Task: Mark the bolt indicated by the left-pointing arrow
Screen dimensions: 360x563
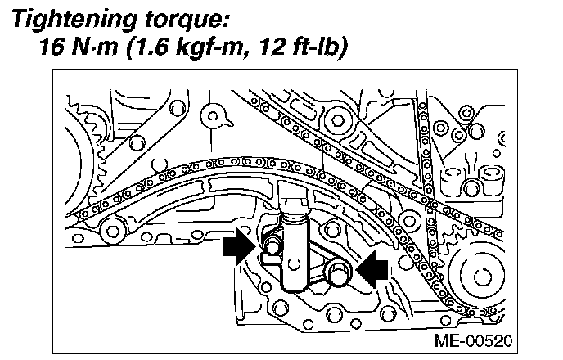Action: click(x=336, y=273)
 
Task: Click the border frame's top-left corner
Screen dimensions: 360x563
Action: click(x=53, y=71)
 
